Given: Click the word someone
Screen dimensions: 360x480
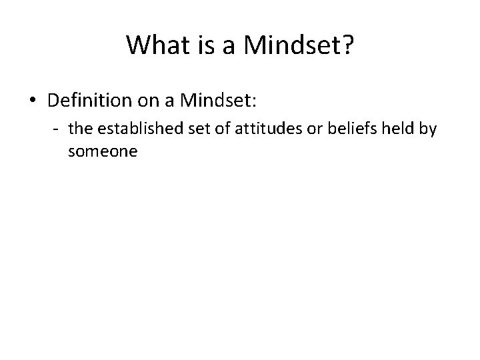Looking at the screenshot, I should (x=102, y=151).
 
